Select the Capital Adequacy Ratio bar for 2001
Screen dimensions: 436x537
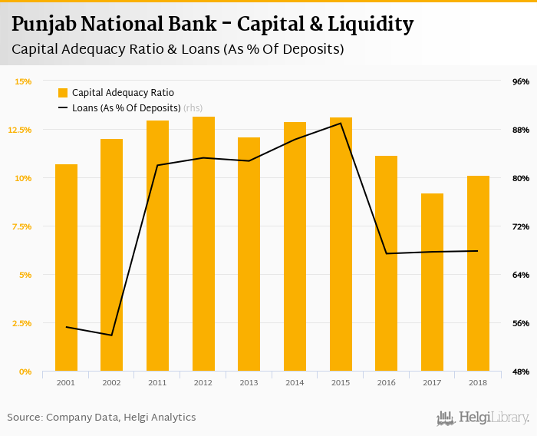[66, 269]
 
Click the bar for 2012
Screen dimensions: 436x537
[203, 246]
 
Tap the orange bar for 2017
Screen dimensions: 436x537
[432, 284]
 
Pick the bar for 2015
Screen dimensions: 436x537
[341, 246]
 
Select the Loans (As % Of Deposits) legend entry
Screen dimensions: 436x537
[126, 108]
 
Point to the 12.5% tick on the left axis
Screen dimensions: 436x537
[20, 130]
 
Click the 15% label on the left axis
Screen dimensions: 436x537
[23, 81]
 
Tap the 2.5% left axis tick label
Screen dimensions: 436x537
[20, 323]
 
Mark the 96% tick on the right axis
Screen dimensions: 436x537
[521, 81]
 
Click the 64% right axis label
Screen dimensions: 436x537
[521, 275]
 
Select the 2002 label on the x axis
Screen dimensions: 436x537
[111, 382]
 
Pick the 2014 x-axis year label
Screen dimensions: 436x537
[295, 382]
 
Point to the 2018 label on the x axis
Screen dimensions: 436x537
[478, 382]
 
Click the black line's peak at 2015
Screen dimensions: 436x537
[341, 124]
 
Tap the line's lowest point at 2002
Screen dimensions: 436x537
[112, 335]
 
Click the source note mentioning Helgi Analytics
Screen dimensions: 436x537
[101, 418]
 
